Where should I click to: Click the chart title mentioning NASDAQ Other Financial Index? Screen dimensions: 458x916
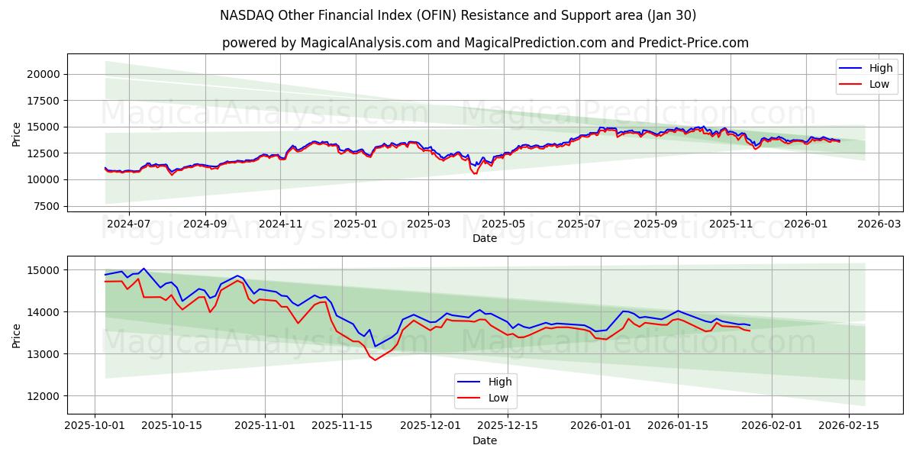(458, 15)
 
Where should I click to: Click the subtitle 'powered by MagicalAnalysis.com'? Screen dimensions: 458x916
(485, 43)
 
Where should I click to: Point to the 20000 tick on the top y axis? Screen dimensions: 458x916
(44, 74)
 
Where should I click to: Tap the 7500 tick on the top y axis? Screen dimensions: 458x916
(47, 206)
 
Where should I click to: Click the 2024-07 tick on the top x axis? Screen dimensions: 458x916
(127, 224)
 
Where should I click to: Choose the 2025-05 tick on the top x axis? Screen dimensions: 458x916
(503, 224)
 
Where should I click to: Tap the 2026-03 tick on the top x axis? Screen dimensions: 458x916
(878, 224)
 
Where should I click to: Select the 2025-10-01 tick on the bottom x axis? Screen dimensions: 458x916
(95, 426)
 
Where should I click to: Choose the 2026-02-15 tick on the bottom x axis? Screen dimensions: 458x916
(849, 426)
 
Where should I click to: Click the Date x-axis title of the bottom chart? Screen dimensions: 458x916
(485, 440)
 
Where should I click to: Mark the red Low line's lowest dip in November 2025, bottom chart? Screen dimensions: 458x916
(375, 360)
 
